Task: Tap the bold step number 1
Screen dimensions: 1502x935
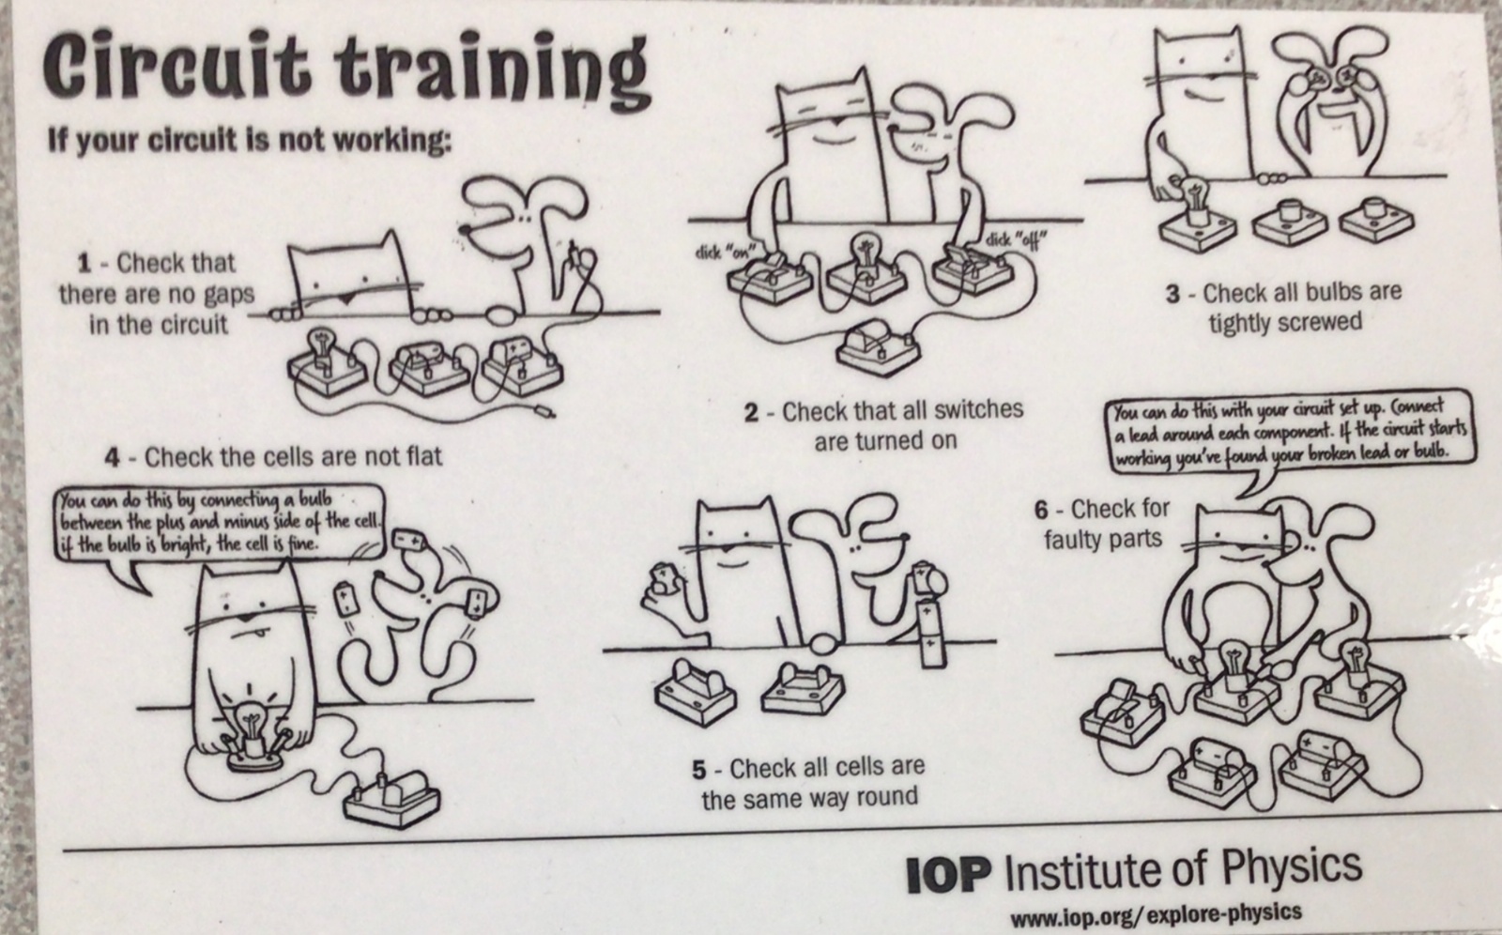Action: coord(84,264)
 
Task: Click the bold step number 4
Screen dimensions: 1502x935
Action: coord(113,458)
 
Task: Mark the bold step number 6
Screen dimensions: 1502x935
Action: coord(1041,511)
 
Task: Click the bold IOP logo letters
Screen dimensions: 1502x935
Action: coord(948,875)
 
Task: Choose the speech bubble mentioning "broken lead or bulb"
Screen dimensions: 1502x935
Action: coord(1292,436)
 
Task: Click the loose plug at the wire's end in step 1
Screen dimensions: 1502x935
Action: coord(544,409)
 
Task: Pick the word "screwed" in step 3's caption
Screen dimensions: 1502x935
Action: coord(1320,322)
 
